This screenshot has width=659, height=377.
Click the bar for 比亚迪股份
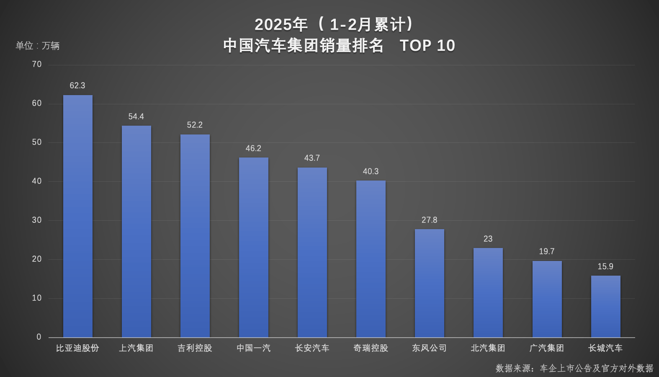(78, 216)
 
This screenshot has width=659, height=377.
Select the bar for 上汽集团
(136, 231)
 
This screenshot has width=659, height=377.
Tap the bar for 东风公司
(430, 283)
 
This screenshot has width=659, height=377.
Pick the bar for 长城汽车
(605, 306)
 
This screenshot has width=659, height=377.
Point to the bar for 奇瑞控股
(371, 259)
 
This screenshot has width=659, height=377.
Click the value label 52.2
(195, 125)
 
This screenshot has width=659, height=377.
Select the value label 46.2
(253, 148)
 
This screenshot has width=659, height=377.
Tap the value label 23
(488, 239)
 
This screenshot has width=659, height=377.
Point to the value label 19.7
(546, 251)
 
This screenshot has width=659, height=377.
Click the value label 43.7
(312, 158)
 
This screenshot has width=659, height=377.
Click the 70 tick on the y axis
(37, 64)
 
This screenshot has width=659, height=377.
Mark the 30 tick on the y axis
(37, 220)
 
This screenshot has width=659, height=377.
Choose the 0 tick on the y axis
(39, 337)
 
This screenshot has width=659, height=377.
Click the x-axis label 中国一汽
(253, 348)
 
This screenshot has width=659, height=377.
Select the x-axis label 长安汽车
(312, 348)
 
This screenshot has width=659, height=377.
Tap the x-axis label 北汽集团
(488, 348)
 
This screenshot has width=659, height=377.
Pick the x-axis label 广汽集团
(546, 348)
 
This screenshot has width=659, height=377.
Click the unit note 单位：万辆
(38, 46)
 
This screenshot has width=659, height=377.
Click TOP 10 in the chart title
(427, 46)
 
